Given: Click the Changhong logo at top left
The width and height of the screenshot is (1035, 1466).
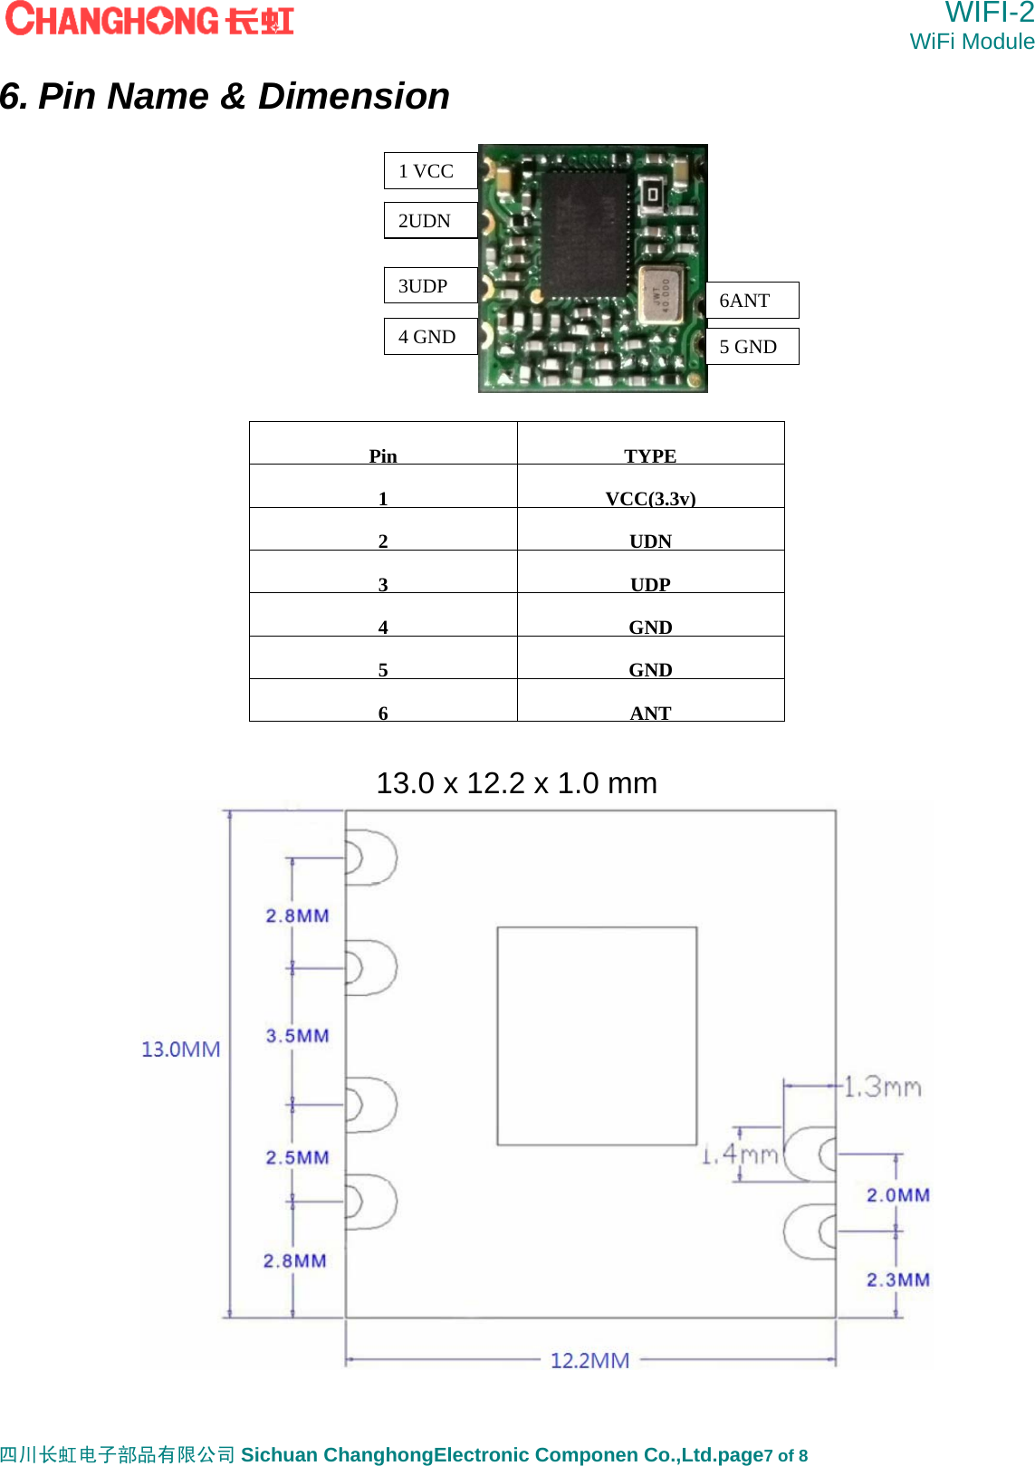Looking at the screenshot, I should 150,20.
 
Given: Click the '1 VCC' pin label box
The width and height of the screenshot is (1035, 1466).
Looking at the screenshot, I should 430,171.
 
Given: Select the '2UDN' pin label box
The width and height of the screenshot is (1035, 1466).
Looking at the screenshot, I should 430,221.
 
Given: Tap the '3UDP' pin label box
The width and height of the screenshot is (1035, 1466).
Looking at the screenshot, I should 430,286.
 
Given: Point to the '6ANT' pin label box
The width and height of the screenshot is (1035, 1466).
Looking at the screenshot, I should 752,301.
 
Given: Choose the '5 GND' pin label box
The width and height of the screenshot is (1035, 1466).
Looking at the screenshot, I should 752,347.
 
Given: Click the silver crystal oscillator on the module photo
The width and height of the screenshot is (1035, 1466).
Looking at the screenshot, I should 660,295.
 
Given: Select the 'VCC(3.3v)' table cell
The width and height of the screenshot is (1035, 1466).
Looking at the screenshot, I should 650,498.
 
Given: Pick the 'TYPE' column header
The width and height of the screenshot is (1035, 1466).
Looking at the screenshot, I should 650,455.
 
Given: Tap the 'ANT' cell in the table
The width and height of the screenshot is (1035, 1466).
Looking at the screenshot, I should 650,713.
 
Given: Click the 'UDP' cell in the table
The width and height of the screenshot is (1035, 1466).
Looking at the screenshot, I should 650,584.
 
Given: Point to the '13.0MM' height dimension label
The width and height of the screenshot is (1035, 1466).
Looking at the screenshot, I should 181,1049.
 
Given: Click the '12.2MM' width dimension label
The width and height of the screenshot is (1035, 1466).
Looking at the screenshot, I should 589,1360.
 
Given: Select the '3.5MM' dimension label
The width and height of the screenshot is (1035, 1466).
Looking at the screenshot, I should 298,1036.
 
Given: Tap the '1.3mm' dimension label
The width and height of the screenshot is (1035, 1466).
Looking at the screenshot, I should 882,1087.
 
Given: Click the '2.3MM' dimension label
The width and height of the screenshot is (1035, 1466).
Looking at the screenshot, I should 897,1279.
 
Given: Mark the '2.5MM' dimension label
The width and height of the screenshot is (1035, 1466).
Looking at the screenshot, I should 298,1157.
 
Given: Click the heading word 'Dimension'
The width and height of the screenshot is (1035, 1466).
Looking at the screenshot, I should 353,96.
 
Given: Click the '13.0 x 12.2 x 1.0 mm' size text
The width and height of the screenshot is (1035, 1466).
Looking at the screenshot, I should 516,783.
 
